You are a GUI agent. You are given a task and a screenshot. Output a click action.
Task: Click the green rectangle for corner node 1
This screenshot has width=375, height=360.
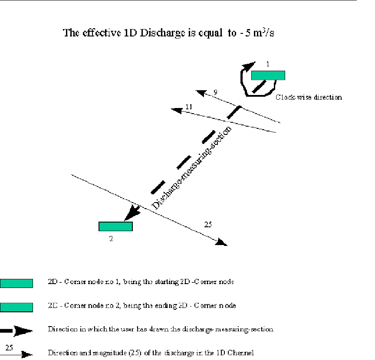(268, 75)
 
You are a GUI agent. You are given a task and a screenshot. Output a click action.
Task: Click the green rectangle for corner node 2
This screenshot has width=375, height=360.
(115, 226)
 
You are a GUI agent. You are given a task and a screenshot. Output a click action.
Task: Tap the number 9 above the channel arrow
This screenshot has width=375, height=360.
(215, 92)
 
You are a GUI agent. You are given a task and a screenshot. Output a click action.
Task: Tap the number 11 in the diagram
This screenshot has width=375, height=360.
(188, 106)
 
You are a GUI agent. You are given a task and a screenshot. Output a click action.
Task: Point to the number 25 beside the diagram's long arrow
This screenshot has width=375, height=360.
(208, 224)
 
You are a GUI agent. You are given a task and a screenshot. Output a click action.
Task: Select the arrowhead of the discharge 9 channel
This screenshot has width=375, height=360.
(201, 92)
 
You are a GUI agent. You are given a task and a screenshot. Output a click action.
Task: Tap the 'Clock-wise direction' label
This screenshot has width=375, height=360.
(309, 97)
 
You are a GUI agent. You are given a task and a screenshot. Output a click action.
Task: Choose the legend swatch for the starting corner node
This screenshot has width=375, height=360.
(16, 284)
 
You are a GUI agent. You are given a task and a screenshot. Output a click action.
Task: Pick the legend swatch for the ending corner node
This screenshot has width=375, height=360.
(16, 307)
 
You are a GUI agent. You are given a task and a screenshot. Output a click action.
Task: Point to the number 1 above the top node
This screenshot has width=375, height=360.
(268, 64)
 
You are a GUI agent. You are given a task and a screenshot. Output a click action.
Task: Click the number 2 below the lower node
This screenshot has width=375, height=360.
(111, 238)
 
